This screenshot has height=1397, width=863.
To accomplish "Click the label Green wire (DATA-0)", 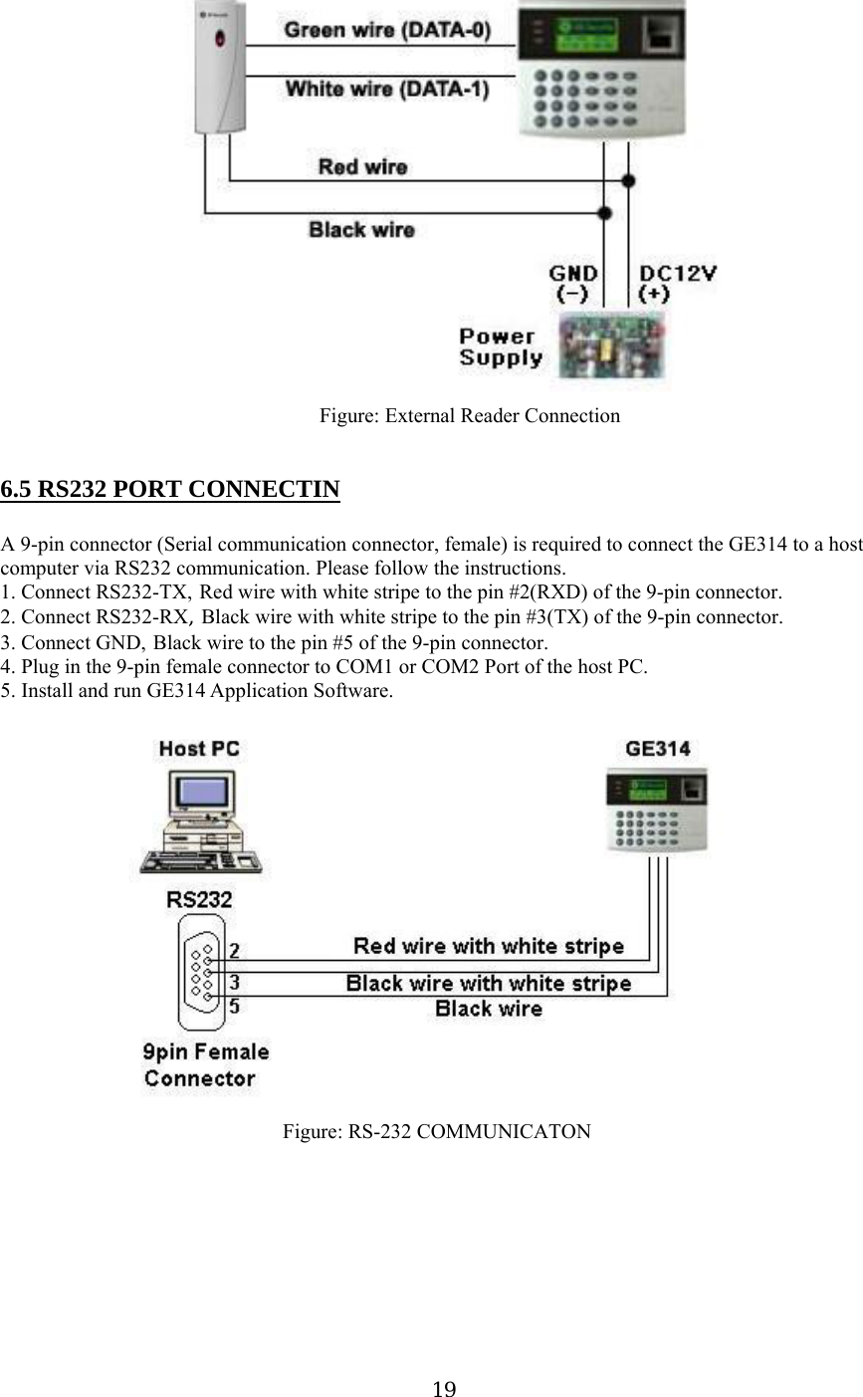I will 387,31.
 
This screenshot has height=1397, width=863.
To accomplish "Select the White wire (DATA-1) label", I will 387,90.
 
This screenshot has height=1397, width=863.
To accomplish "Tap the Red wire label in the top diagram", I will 362,167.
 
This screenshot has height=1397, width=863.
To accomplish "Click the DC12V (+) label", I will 678,283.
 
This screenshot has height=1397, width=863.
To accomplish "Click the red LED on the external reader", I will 221,41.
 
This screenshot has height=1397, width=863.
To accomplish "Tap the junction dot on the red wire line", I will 628,180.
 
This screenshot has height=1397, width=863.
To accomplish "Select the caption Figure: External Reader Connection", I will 469,416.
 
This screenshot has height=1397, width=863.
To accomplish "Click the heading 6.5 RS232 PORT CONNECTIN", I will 170,490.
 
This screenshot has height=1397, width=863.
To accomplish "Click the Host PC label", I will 199,749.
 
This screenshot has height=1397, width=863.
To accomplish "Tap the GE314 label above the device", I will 657,749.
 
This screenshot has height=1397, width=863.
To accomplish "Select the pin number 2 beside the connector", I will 233,950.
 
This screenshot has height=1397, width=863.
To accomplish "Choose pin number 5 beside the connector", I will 233,1006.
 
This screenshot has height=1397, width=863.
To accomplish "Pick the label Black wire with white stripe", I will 488,984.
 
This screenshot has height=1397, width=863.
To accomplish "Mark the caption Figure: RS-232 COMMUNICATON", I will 436,1132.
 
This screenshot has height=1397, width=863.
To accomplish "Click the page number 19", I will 445,1389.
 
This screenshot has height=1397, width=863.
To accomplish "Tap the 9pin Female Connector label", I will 205,1064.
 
